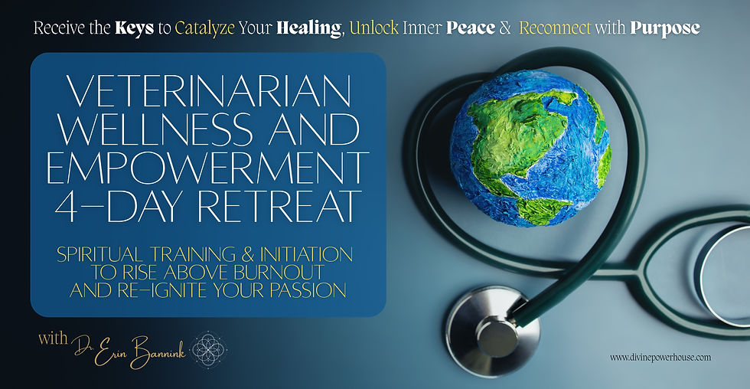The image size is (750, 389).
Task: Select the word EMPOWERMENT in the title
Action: (207, 168)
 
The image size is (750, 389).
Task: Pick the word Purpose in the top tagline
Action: (664, 28)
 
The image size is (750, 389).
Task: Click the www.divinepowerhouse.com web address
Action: (661, 358)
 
